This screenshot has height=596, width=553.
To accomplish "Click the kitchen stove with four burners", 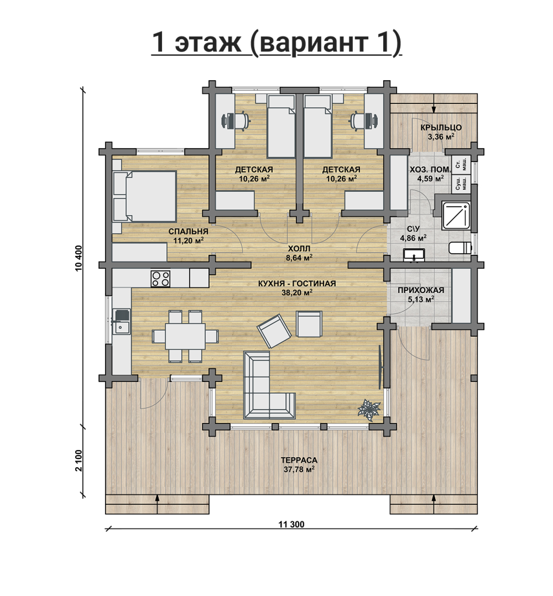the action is (x=160, y=278).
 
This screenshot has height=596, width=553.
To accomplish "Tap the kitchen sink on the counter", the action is (x=121, y=322).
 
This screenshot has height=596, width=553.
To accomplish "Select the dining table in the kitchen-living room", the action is (x=185, y=336).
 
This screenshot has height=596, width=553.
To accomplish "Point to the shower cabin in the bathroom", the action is (x=456, y=215).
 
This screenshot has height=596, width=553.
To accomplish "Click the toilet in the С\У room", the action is (x=460, y=248).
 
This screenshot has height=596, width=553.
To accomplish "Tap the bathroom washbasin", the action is (x=414, y=255).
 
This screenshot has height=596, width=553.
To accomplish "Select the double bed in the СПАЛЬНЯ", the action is (x=144, y=197).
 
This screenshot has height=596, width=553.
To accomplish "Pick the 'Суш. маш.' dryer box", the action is (x=461, y=184).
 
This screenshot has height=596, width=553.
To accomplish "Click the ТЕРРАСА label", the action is (x=299, y=460).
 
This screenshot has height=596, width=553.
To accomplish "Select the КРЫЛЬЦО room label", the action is (x=441, y=128).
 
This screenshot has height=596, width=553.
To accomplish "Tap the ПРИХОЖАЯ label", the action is (x=421, y=290).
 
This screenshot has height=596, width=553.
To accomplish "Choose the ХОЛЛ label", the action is (x=299, y=249).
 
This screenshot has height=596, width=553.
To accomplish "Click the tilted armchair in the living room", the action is (x=274, y=331).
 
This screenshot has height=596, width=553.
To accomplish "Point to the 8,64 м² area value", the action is (x=299, y=258).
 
